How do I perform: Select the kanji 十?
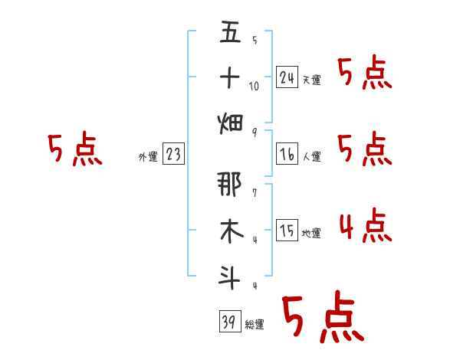pyautogui.click(x=230, y=77)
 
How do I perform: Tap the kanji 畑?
pyautogui.click(x=230, y=123)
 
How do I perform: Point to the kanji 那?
pyautogui.click(x=230, y=185)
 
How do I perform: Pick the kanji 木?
pyautogui.click(x=230, y=231)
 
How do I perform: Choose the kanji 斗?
pyautogui.click(x=230, y=275)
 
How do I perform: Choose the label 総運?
pyautogui.click(x=255, y=325)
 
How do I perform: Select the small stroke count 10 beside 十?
pyautogui.click(x=254, y=86)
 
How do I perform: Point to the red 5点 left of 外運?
pyautogui.click(x=74, y=149)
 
